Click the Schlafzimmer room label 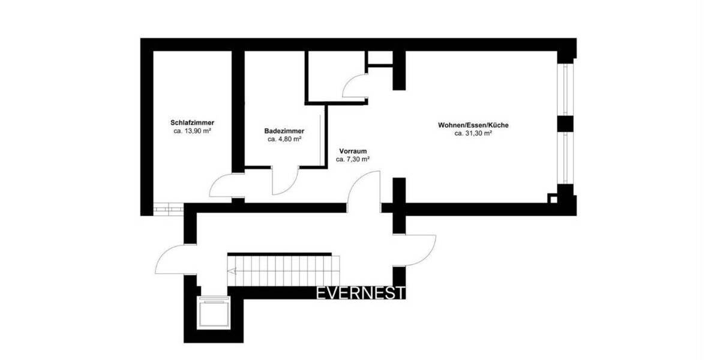pos(192,122)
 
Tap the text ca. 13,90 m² pos(192,131)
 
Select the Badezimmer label pos(284,131)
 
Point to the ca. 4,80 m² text pos(284,139)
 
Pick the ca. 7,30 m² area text pos(353,160)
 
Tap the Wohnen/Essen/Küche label pos(474,125)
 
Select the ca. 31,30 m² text pos(474,134)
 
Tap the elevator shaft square pos(214,313)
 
